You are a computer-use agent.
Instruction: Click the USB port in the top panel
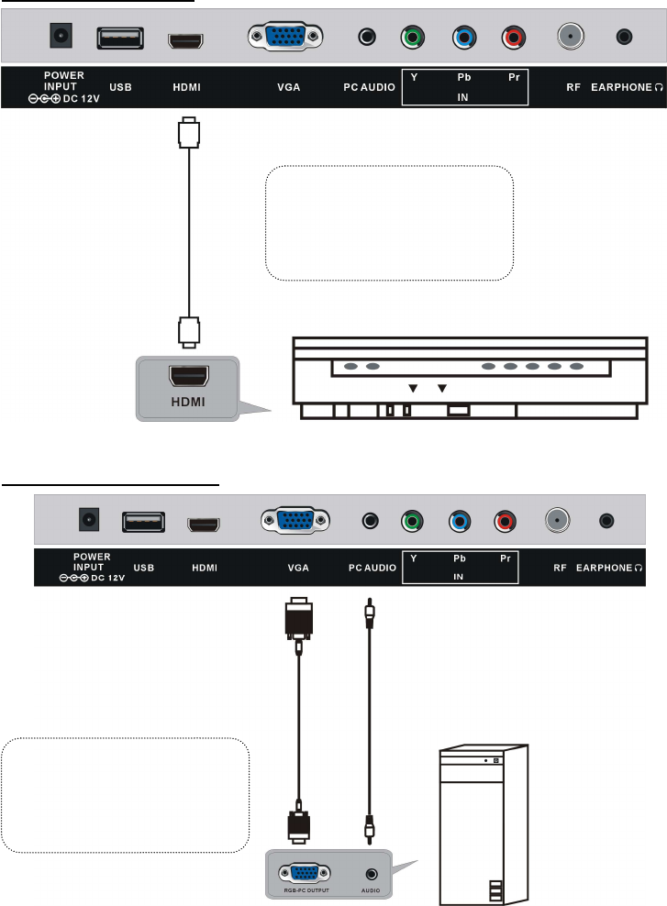coord(119,39)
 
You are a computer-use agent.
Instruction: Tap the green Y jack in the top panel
coord(412,39)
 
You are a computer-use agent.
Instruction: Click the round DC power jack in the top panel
coord(61,38)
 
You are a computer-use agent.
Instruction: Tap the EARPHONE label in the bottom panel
coord(610,568)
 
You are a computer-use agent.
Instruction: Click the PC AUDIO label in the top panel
coord(370,89)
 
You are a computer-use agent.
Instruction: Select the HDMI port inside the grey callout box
coord(188,376)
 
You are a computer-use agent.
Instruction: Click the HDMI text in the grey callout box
coord(188,403)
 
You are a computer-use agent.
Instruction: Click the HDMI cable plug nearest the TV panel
coord(188,132)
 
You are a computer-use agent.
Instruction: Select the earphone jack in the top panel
coord(625,38)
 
